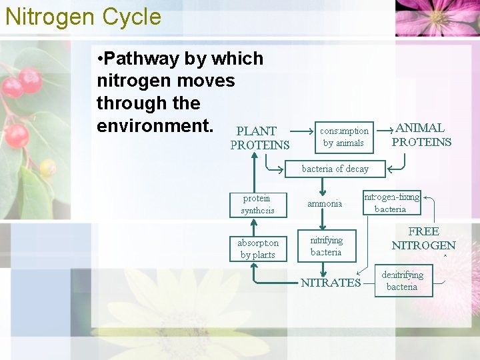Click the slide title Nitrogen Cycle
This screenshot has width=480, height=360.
83,16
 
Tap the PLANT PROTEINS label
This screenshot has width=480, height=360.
259,138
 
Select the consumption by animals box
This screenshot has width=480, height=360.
344,137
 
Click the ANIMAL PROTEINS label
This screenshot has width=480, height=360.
421,135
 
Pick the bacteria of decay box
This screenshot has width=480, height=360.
335,169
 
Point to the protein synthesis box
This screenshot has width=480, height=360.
257,205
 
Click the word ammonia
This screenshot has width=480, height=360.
325,203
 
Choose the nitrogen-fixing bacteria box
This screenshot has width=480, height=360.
392,203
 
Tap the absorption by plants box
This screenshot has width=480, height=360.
258,249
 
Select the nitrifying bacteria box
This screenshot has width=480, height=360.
326,246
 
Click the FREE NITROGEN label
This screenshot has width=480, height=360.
423,238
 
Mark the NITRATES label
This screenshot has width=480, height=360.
331,283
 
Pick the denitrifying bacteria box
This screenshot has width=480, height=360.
402,281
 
